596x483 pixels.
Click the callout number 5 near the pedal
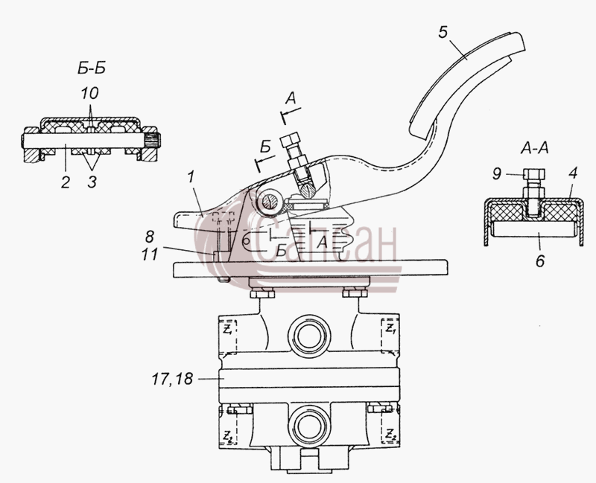click(x=443, y=32)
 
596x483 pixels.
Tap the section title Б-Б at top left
click(x=92, y=68)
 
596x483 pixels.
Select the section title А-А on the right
click(x=534, y=148)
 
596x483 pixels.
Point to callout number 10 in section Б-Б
click(x=89, y=93)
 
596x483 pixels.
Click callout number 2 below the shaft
click(x=66, y=182)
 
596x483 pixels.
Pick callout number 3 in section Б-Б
click(x=92, y=182)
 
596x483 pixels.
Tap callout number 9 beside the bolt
click(x=497, y=174)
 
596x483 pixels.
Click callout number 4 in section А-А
click(x=573, y=173)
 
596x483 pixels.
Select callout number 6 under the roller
click(x=540, y=261)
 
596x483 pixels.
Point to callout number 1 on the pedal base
click(x=191, y=176)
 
